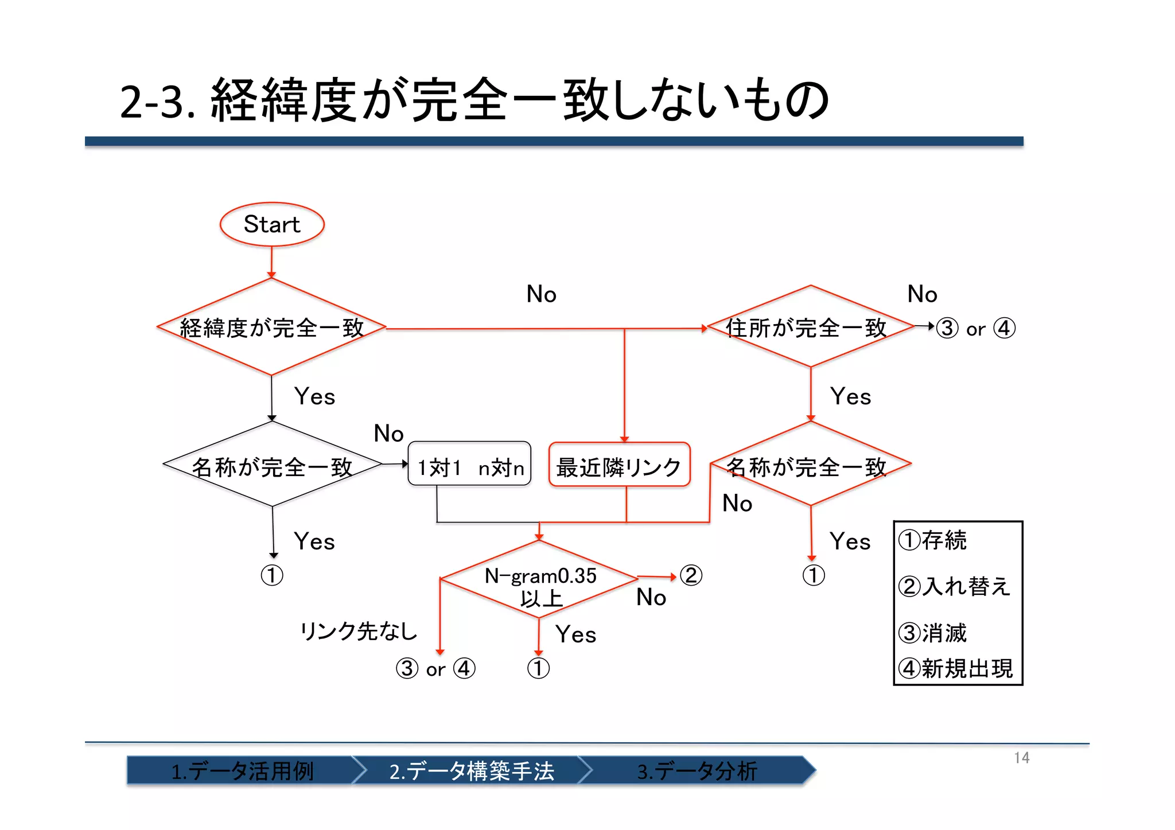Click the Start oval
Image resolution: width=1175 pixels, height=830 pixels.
(272, 224)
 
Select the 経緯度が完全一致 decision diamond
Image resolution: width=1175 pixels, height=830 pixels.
(271, 328)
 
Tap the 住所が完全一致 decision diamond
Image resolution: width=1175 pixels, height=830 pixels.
(810, 327)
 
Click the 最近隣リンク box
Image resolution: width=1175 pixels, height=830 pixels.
(619, 466)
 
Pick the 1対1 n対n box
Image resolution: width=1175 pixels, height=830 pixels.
(469, 466)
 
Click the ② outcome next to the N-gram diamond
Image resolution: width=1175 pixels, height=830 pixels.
(691, 575)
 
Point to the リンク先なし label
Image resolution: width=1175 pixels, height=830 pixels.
(359, 632)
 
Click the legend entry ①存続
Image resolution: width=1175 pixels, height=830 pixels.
(933, 540)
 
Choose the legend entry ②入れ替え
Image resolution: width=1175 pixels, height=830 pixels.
(954, 586)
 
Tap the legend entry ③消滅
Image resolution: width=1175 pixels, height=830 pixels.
(933, 633)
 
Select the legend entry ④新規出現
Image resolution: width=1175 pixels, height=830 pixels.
(956, 669)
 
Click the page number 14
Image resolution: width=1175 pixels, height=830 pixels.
(1021, 758)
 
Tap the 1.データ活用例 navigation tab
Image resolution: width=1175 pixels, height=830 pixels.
(242, 771)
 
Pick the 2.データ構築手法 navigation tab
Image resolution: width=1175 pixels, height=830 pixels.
(471, 771)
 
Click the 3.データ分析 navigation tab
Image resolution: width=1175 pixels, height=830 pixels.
(697, 771)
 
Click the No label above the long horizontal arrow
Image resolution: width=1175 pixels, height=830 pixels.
(541, 294)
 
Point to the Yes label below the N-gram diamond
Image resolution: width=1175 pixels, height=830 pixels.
(575, 635)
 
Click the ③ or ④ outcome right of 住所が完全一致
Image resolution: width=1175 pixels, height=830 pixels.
(975, 329)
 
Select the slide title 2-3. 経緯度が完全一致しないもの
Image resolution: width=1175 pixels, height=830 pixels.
(474, 101)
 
